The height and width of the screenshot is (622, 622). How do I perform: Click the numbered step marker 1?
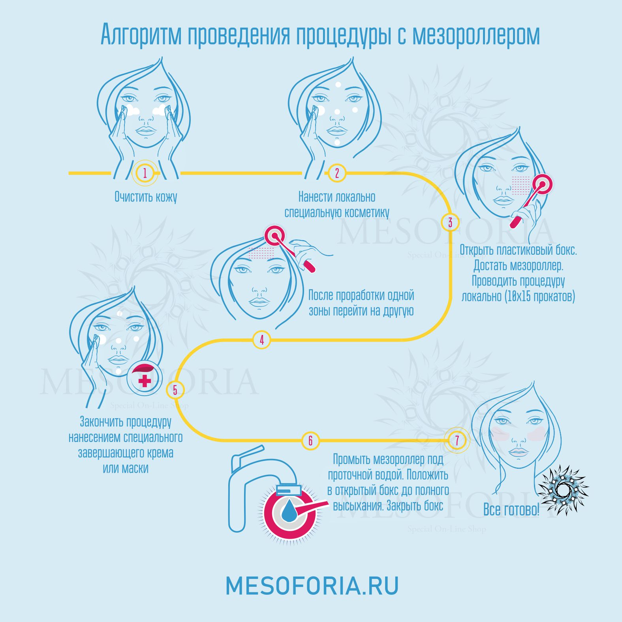click(x=145, y=173)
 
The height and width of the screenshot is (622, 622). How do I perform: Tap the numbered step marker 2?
click(x=337, y=173)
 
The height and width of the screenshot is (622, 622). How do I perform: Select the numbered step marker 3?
click(x=450, y=222)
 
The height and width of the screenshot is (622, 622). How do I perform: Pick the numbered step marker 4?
click(x=261, y=340)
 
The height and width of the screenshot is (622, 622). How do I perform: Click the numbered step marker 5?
click(x=175, y=390)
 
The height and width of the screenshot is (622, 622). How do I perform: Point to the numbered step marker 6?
click(x=310, y=440)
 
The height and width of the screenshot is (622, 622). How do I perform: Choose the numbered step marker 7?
click(x=457, y=440)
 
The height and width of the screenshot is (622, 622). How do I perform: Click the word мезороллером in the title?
click(x=476, y=35)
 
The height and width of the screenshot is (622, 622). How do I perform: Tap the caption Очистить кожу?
click(x=146, y=197)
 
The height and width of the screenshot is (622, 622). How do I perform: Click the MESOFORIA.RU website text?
click(x=312, y=586)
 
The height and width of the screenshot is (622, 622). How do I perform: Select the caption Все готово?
click(x=511, y=509)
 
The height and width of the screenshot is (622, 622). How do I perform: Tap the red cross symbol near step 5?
click(x=145, y=381)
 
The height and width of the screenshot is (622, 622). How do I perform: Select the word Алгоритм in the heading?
click(x=141, y=35)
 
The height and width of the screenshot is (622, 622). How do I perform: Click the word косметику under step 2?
click(x=366, y=212)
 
